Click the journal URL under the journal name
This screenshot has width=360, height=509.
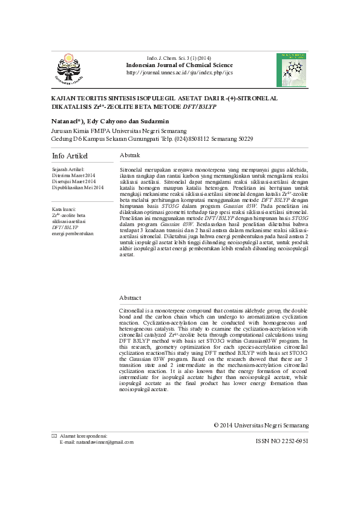179,73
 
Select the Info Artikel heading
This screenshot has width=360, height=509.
70,157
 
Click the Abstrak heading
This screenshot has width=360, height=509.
130,155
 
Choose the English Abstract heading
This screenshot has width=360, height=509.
130,298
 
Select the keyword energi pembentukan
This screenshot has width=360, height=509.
73,233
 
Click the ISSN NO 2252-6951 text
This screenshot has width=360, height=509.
282,442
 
